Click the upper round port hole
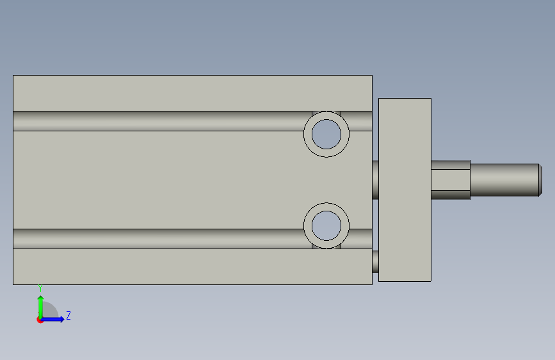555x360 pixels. click(x=326, y=135)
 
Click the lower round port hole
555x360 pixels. click(x=326, y=225)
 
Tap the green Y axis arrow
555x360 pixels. click(x=40, y=307)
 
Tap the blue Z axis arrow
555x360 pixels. click(x=52, y=319)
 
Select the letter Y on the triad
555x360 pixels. click(x=40, y=288)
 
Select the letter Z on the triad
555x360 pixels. click(x=68, y=315)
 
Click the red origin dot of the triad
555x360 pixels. click(x=40, y=320)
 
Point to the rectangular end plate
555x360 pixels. click(x=405, y=190)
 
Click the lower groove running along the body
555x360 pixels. click(x=159, y=239)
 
